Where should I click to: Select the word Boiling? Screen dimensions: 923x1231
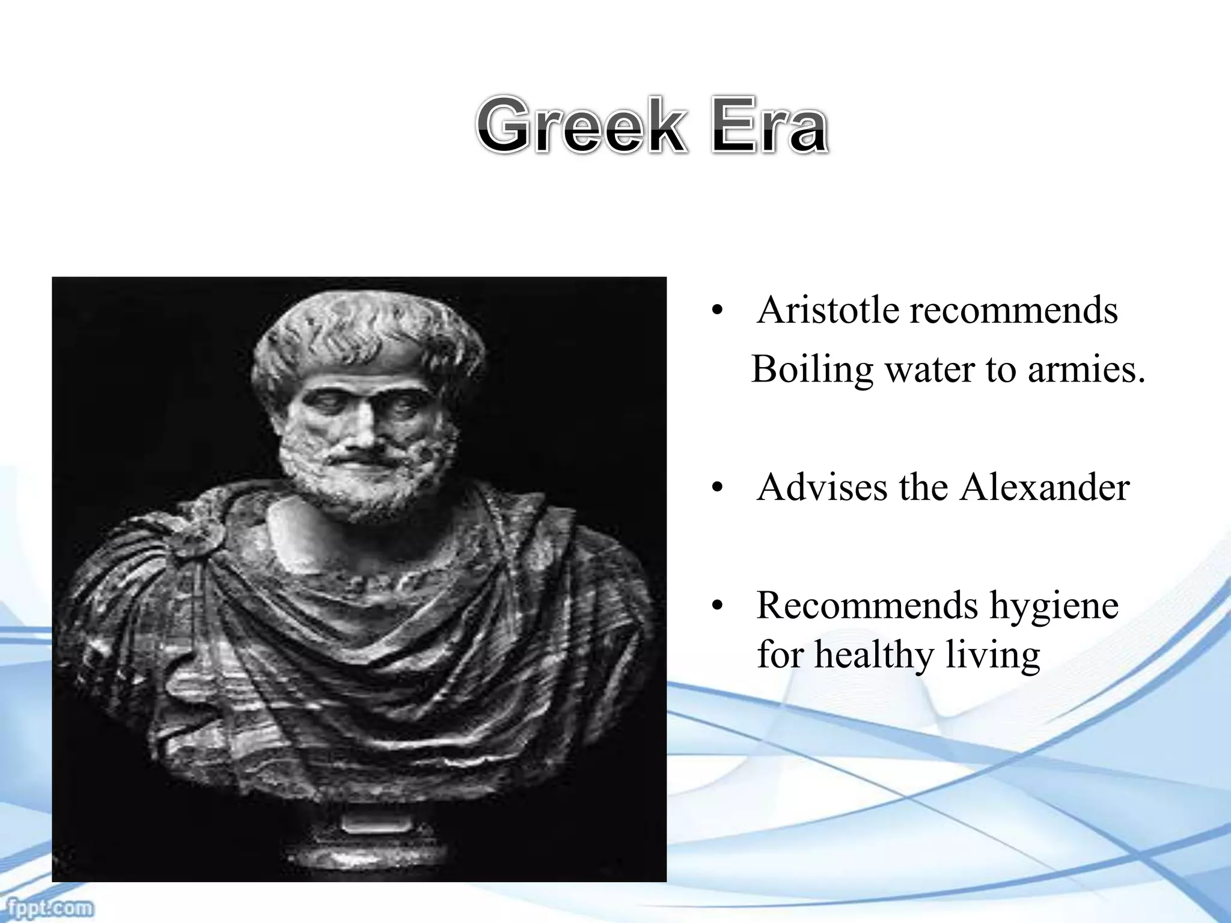click(811, 370)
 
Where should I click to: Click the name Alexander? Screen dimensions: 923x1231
click(1044, 487)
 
